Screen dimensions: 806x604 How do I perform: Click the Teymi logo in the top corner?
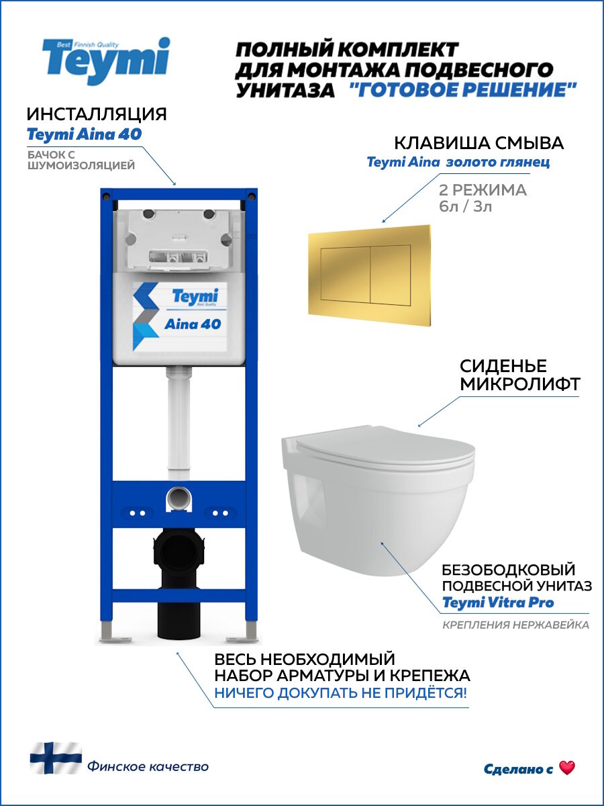click(x=106, y=60)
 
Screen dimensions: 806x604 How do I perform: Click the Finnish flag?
click(x=55, y=758)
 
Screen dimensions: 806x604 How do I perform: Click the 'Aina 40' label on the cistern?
click(x=193, y=324)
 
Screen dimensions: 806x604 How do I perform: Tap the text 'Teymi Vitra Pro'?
click(x=498, y=602)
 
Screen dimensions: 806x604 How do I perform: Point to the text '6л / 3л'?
click(x=466, y=206)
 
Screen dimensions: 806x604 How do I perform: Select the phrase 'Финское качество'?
click(x=148, y=766)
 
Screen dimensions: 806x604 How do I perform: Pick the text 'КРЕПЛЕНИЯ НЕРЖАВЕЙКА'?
click(x=515, y=625)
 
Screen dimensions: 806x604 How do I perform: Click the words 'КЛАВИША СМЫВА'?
click(x=479, y=143)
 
